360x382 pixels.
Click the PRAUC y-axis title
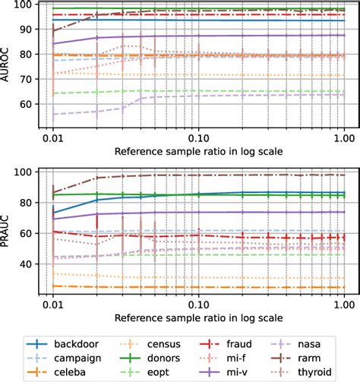[x=7, y=232]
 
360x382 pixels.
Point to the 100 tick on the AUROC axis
[x=22, y=5]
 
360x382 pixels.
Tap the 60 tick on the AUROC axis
[x=24, y=104]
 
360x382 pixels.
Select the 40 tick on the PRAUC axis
[x=24, y=264]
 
